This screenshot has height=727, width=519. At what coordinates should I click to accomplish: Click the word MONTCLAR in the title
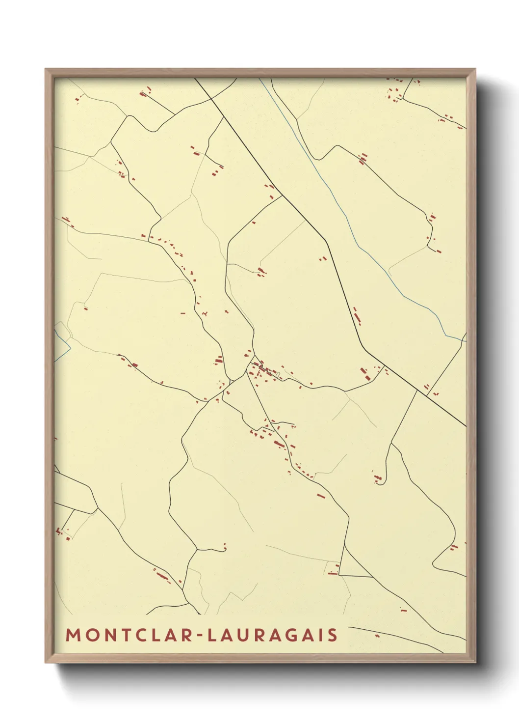coord(128,635)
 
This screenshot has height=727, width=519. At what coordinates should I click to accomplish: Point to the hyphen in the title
coord(200,636)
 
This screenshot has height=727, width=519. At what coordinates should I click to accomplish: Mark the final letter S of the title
coord(333,635)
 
